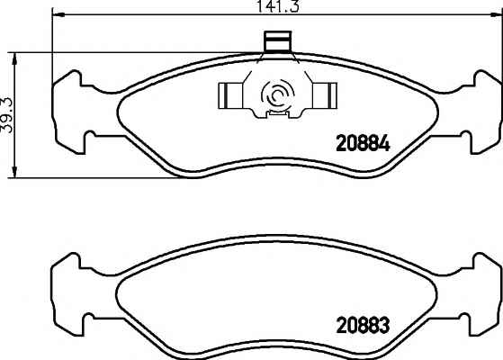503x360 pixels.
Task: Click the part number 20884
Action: (363, 144)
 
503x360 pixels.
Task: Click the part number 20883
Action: (363, 326)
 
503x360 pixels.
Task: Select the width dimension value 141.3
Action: (278, 6)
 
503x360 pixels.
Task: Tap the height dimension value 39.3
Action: (7, 115)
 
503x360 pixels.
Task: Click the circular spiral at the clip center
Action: (277, 95)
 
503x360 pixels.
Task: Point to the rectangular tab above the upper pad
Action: (278, 41)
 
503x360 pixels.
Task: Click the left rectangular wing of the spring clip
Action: (230, 95)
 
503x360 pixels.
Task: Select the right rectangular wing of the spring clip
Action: (325, 95)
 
